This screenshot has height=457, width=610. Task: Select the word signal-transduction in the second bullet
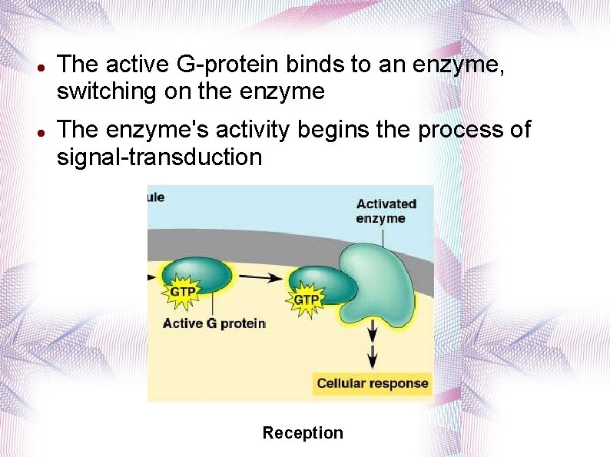click(159, 157)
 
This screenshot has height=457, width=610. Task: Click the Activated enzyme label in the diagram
click(386, 210)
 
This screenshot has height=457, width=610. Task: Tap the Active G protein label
click(214, 323)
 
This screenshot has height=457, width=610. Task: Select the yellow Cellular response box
click(373, 383)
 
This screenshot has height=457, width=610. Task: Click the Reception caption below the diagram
click(303, 433)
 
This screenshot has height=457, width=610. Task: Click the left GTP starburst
click(182, 292)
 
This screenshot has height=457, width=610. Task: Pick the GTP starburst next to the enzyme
click(307, 299)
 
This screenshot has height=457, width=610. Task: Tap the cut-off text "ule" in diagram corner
click(155, 197)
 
